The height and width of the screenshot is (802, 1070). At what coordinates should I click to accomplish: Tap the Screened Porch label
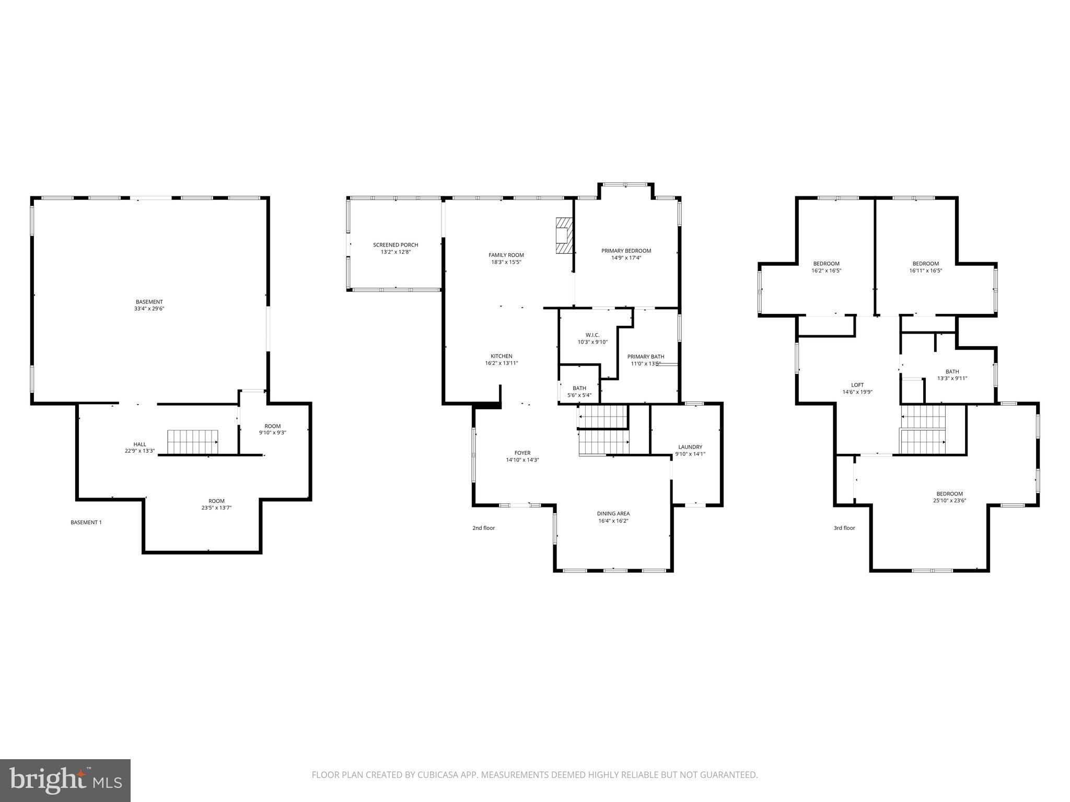[396, 245]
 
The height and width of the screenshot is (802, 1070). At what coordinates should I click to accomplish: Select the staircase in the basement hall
[193, 442]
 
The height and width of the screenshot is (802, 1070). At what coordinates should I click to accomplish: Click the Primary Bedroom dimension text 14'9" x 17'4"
[626, 258]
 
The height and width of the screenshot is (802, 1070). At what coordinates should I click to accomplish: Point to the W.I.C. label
[592, 335]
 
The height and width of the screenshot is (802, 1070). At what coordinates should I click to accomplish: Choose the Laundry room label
[690, 447]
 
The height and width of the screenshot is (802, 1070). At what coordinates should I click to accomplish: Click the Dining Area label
[613, 514]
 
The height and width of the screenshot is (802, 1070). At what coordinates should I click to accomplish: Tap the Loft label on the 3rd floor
[857, 385]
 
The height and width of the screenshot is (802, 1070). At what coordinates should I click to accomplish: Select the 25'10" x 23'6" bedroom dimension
[949, 501]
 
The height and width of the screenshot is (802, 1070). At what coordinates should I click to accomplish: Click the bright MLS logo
[65, 780]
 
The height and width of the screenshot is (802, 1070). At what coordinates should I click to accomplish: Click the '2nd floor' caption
[483, 528]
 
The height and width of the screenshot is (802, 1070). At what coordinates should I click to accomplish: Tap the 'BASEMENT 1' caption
[86, 522]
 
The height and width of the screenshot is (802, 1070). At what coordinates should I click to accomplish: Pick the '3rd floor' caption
[844, 528]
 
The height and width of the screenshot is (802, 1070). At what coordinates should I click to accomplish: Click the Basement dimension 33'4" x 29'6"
[149, 309]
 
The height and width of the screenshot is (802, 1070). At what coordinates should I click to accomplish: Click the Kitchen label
[501, 357]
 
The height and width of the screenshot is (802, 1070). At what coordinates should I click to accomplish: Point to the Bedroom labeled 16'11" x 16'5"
[925, 264]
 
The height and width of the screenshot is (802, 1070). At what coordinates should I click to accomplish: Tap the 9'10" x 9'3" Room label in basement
[273, 426]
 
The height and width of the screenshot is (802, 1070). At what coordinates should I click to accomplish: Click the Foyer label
[522, 453]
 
